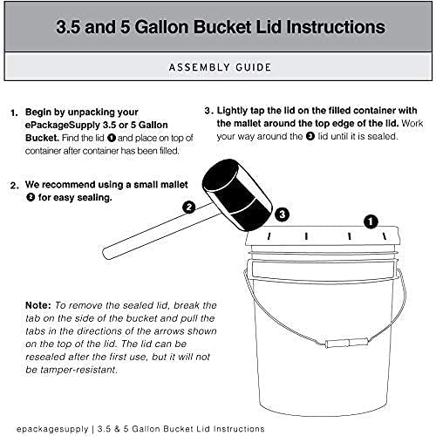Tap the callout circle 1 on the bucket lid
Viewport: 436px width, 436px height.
coord(370,221)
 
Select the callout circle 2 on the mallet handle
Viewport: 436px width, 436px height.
coord(187,208)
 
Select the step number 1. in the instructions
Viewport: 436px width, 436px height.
coord(14,113)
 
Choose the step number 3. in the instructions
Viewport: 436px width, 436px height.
coord(208,112)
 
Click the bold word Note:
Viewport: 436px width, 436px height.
coord(38,305)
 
